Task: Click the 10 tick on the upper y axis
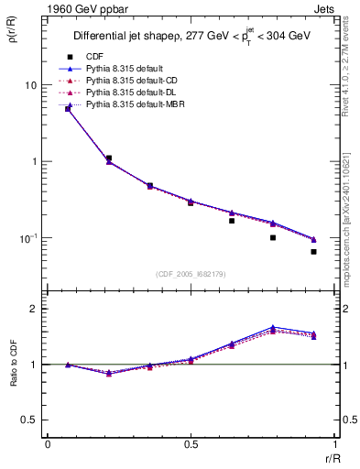(x=31, y=85)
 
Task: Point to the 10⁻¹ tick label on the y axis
(x=29, y=238)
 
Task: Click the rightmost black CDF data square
(x=313, y=251)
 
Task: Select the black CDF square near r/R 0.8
(x=273, y=237)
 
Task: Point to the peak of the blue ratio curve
(x=273, y=327)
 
